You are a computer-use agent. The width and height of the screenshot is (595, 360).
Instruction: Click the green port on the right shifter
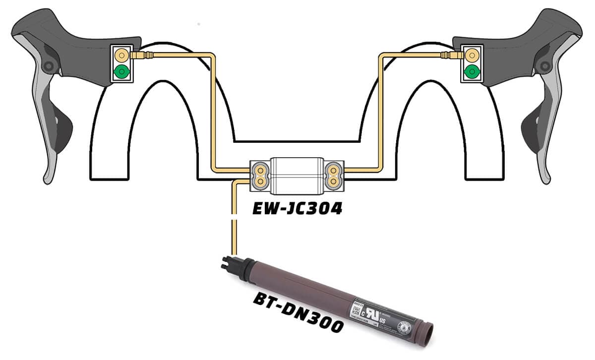click(471, 73)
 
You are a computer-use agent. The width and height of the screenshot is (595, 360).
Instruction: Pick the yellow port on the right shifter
click(471, 53)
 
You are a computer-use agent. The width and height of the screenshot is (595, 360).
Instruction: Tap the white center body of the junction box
click(296, 175)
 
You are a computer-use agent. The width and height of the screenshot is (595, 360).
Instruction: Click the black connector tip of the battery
click(226, 265)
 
